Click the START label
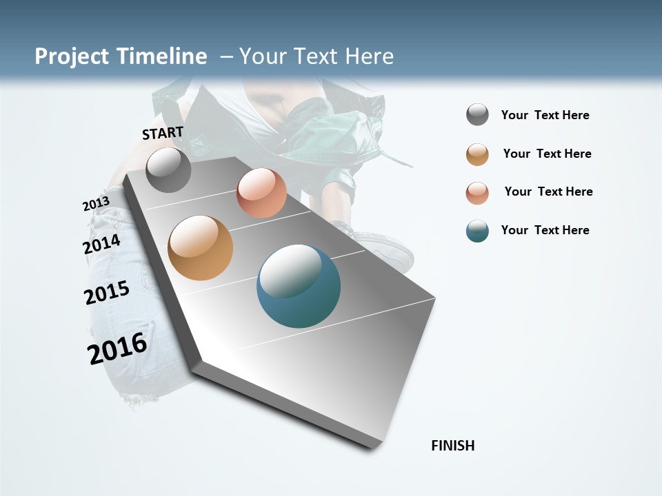pyautogui.click(x=163, y=133)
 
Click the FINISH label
pyautogui.click(x=453, y=446)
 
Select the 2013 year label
pyautogui.click(x=96, y=204)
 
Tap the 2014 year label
pyautogui.click(x=101, y=244)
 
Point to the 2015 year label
pyautogui.click(x=107, y=293)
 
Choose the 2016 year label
pyautogui.click(x=117, y=349)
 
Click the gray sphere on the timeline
pyautogui.click(x=168, y=169)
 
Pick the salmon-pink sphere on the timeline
pyautogui.click(x=261, y=193)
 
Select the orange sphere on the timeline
pyautogui.click(x=201, y=248)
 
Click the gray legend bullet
pyautogui.click(x=477, y=115)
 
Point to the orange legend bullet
pyautogui.click(x=477, y=154)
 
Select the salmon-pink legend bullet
pyautogui.click(x=477, y=192)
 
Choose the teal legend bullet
pyautogui.click(x=477, y=231)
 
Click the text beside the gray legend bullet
pyautogui.click(x=545, y=115)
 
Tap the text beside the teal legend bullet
pyautogui.click(x=545, y=230)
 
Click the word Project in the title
pyautogui.click(x=72, y=56)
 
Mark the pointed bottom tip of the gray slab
pyautogui.click(x=373, y=448)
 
